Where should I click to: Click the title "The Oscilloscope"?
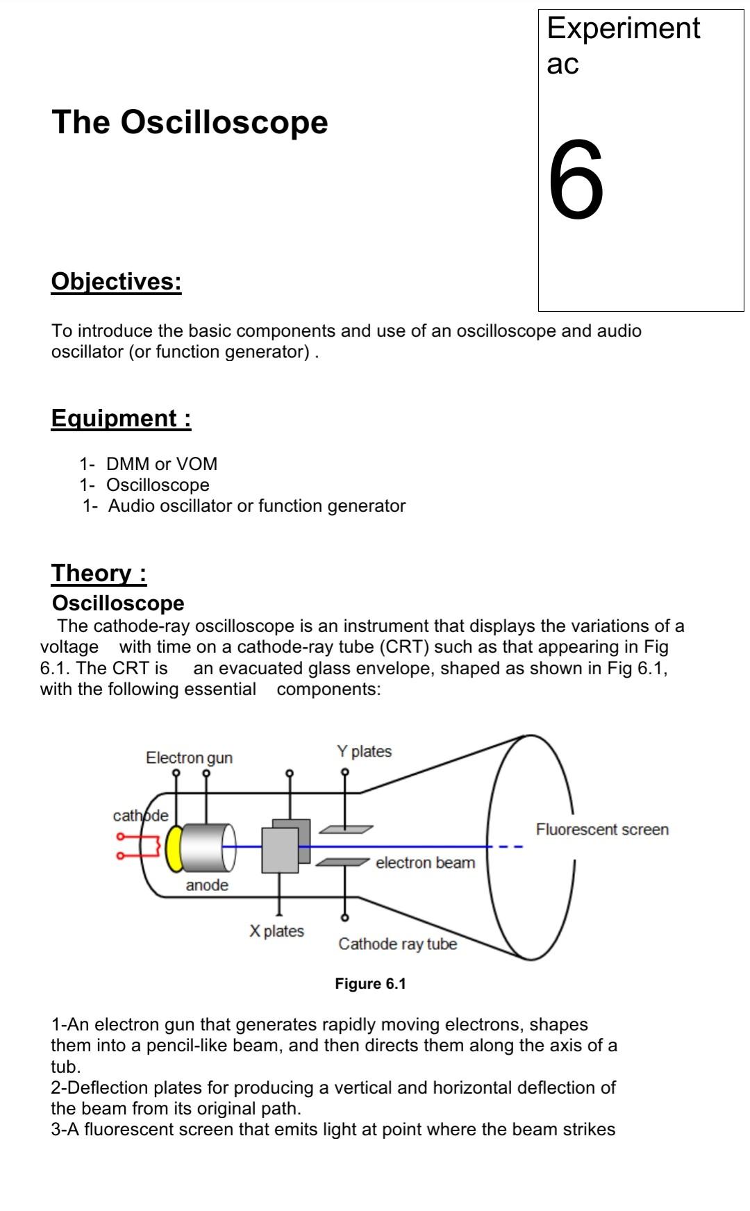[190, 122]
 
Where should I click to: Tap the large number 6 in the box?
[576, 180]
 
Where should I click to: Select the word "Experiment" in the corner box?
[623, 28]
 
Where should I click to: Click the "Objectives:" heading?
[116, 281]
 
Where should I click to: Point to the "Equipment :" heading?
[121, 418]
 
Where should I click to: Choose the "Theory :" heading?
[99, 573]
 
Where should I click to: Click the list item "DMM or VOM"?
[161, 464]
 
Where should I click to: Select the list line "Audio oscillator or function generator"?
[256, 506]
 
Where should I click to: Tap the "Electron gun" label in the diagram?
[189, 758]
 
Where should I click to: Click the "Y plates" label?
[364, 751]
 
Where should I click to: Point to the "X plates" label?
[276, 931]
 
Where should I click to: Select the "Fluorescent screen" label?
[602, 830]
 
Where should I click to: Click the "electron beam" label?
[425, 863]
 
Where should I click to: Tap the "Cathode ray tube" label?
[397, 944]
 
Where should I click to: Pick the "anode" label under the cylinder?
[207, 885]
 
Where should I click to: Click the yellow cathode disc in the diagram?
[174, 848]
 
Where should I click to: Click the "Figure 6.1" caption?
[370, 984]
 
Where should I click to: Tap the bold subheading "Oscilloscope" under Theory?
[118, 603]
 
